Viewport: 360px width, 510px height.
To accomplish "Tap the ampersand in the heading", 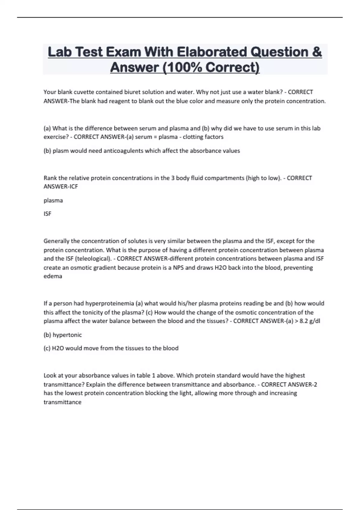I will [x=316, y=52].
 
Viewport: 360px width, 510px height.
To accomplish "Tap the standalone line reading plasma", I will [x=53, y=200].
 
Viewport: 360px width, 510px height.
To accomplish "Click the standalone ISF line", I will [x=47, y=214].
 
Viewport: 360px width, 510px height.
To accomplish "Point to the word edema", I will [x=53, y=276].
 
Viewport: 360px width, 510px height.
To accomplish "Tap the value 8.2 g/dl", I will [x=310, y=321].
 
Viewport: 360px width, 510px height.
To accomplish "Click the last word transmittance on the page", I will [x=62, y=402].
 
